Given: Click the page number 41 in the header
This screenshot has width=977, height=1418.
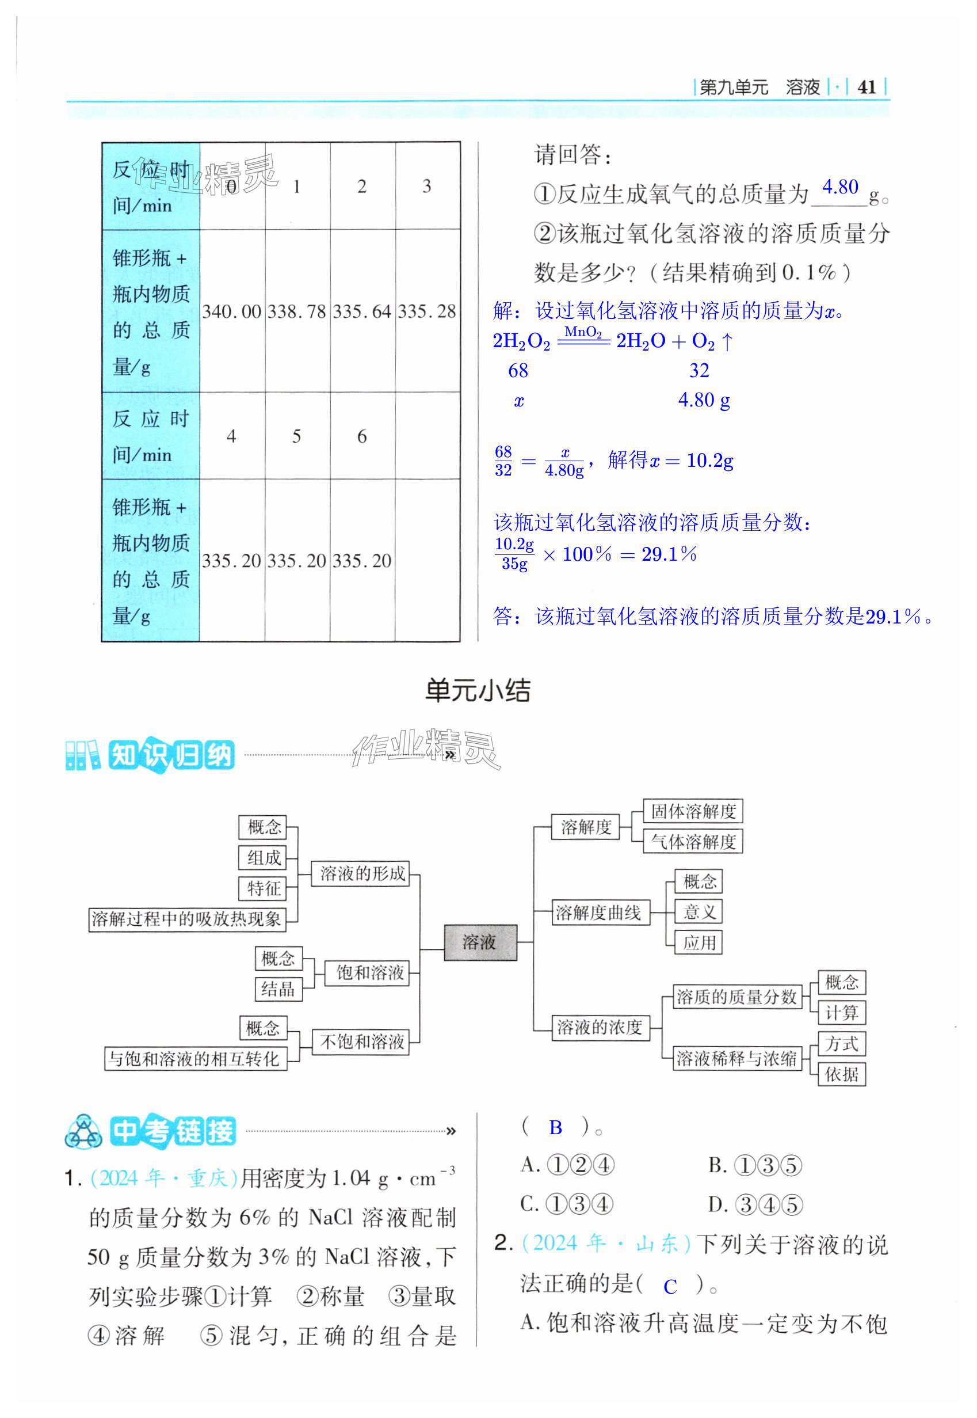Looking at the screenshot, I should [x=866, y=87].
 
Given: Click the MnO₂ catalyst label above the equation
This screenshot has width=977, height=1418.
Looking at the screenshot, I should [x=583, y=332].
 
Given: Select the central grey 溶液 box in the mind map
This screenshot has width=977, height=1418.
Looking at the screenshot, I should [x=480, y=942].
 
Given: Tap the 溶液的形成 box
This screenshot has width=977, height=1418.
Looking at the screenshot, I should [x=362, y=873].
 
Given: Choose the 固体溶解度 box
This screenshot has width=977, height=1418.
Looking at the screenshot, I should [x=693, y=812].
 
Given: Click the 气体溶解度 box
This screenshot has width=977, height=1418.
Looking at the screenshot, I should [x=693, y=842].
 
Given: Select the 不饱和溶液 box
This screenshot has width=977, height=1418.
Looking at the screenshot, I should [x=362, y=1041].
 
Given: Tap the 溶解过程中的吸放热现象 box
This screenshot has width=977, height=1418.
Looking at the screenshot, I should [x=186, y=919].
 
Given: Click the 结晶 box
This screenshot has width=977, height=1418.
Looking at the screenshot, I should [x=278, y=989].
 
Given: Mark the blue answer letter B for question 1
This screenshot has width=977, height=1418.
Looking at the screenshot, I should [x=555, y=1128].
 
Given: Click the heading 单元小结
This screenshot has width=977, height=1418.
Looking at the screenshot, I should [x=478, y=691].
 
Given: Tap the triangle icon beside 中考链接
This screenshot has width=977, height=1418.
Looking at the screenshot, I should [x=84, y=1132].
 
